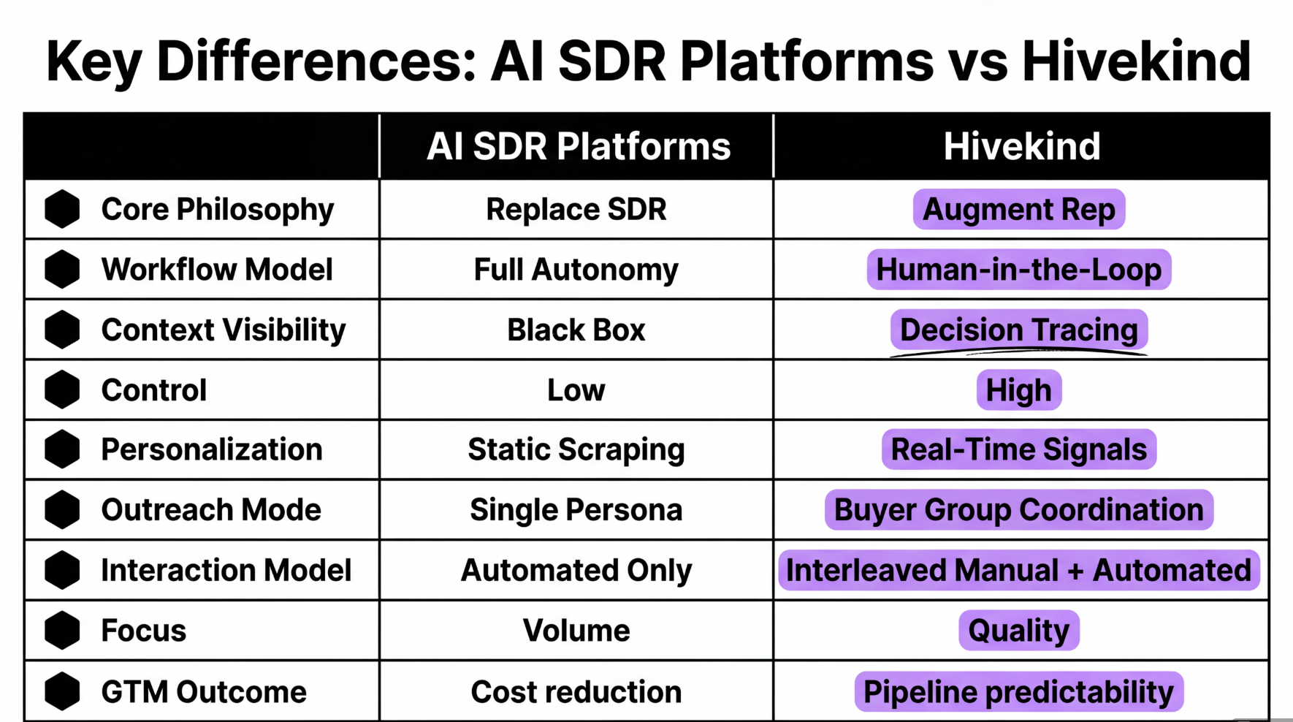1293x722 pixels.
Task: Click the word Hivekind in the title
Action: coord(1136,61)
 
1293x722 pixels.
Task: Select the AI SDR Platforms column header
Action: coord(578,146)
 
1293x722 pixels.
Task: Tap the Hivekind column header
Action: coord(1021,146)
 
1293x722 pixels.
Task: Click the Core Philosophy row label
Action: coord(217,210)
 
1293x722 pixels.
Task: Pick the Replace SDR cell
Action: coord(576,210)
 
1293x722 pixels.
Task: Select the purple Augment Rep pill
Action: coord(1018,210)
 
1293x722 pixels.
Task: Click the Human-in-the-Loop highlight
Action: coord(1018,270)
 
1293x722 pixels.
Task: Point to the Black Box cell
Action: coord(576,330)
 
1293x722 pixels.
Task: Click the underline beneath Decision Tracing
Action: coord(1018,353)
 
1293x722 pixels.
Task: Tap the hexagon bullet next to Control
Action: coord(62,389)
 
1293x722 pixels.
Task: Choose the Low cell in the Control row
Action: coord(576,390)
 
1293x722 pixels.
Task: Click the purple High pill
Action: coord(1018,390)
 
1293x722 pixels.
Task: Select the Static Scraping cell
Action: coord(576,450)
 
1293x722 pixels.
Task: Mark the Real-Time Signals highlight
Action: coord(1018,449)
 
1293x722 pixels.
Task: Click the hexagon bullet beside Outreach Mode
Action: coord(62,509)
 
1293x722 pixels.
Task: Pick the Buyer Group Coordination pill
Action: coord(1018,510)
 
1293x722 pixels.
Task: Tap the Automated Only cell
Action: coord(576,571)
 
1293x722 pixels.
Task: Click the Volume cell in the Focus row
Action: coord(576,631)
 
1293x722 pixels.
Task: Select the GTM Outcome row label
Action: coord(203,692)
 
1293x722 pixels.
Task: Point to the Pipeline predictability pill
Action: coord(1018,692)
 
